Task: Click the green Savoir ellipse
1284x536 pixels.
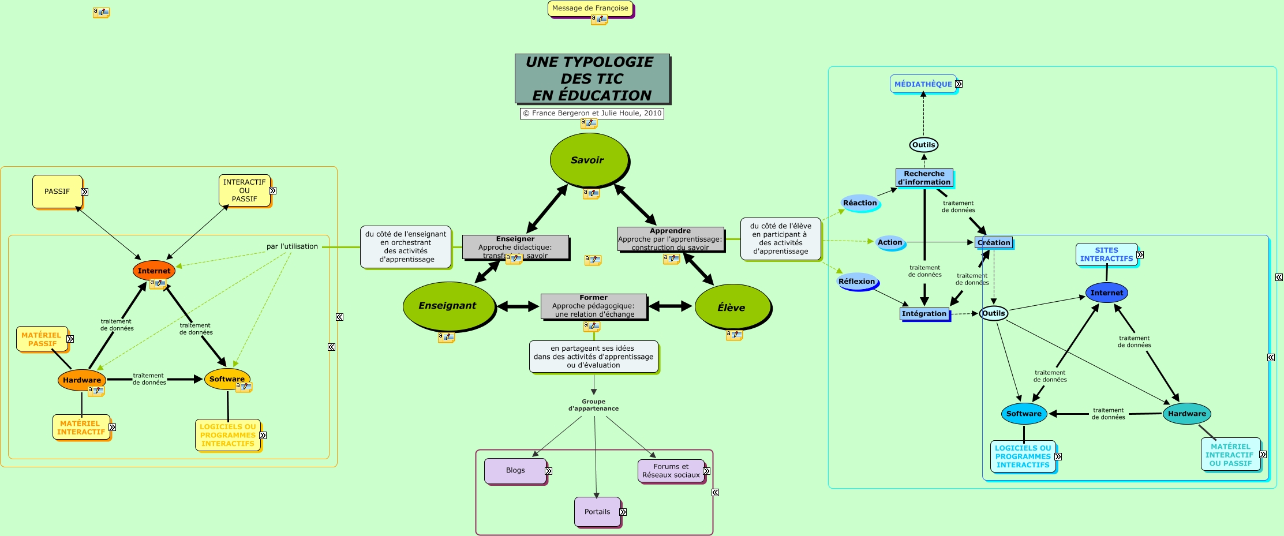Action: point(588,160)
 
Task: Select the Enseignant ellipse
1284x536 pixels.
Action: point(448,306)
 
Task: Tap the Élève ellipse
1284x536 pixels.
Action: point(732,308)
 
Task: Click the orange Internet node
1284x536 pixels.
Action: point(154,271)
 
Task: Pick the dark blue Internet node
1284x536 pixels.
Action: point(1106,293)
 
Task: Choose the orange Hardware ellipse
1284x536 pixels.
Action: point(81,380)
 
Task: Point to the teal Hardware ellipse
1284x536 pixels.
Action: point(1186,413)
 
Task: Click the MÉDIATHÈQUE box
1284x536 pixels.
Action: point(923,84)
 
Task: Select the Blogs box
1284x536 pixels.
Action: point(515,470)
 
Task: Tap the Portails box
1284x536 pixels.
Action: point(597,512)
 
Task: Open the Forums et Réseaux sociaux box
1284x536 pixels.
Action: point(671,471)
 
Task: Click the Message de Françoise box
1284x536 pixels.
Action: point(590,8)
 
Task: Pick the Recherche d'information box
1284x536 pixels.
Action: point(924,178)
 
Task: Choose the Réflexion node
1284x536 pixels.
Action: point(857,282)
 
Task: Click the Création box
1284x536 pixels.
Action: point(994,242)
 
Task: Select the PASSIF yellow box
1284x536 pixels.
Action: point(57,191)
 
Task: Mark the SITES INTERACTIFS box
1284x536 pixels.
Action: point(1106,254)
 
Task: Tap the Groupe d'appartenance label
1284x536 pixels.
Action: point(593,405)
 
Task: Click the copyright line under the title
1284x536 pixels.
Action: point(592,113)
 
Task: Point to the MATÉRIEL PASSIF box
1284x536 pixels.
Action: point(42,339)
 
